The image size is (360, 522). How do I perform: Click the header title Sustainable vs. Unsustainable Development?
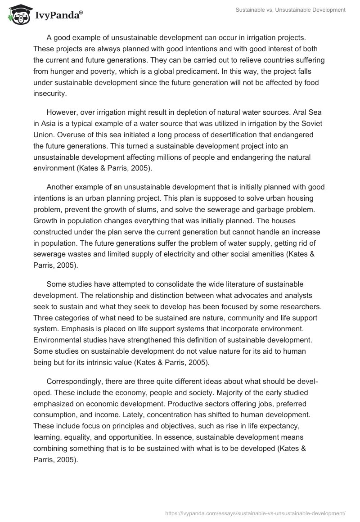[290, 9]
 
